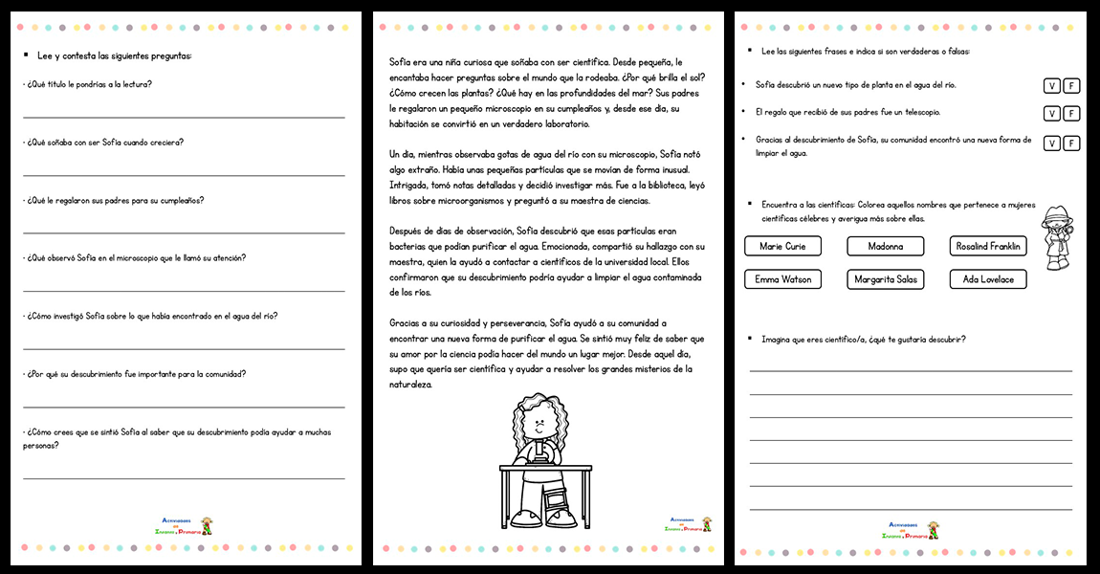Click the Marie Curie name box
tap(782, 246)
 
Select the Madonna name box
tap(885, 246)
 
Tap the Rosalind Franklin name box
tap(988, 246)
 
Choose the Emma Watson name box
tap(782, 279)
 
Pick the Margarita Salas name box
tap(885, 279)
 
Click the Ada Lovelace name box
tap(988, 279)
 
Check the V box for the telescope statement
tap(1051, 114)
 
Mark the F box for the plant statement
tap(1071, 86)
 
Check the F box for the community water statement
tap(1071, 143)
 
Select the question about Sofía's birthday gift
tap(114, 200)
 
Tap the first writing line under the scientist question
tap(910, 369)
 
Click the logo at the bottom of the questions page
tap(187, 525)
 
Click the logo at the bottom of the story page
tap(689, 524)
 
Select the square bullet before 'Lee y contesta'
tap(26, 55)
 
